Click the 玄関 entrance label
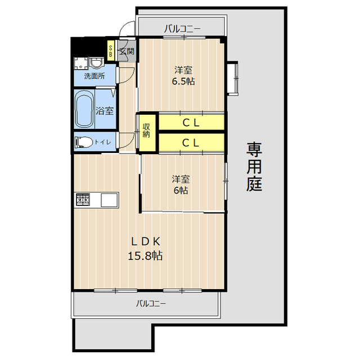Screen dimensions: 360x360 coord(127,52)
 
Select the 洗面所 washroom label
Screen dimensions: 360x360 coord(94,75)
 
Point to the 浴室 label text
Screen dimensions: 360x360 coord(105,111)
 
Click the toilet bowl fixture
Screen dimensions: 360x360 coord(84,142)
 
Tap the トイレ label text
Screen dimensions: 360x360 coord(102,142)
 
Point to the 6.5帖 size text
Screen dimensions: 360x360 coord(183,81)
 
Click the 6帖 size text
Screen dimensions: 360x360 coord(181,190)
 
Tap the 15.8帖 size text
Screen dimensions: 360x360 coord(146,255)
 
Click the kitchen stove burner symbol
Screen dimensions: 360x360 coord(83,199)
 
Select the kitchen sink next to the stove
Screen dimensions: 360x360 coord(109,199)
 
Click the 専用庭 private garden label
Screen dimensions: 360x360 coord(254,167)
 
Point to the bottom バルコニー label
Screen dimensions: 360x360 coord(151,304)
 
